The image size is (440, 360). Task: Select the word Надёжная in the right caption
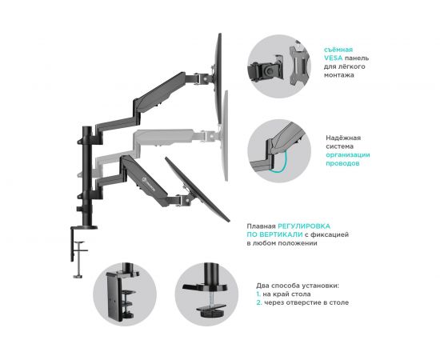coord(344,138)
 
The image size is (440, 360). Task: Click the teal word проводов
coord(342,163)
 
